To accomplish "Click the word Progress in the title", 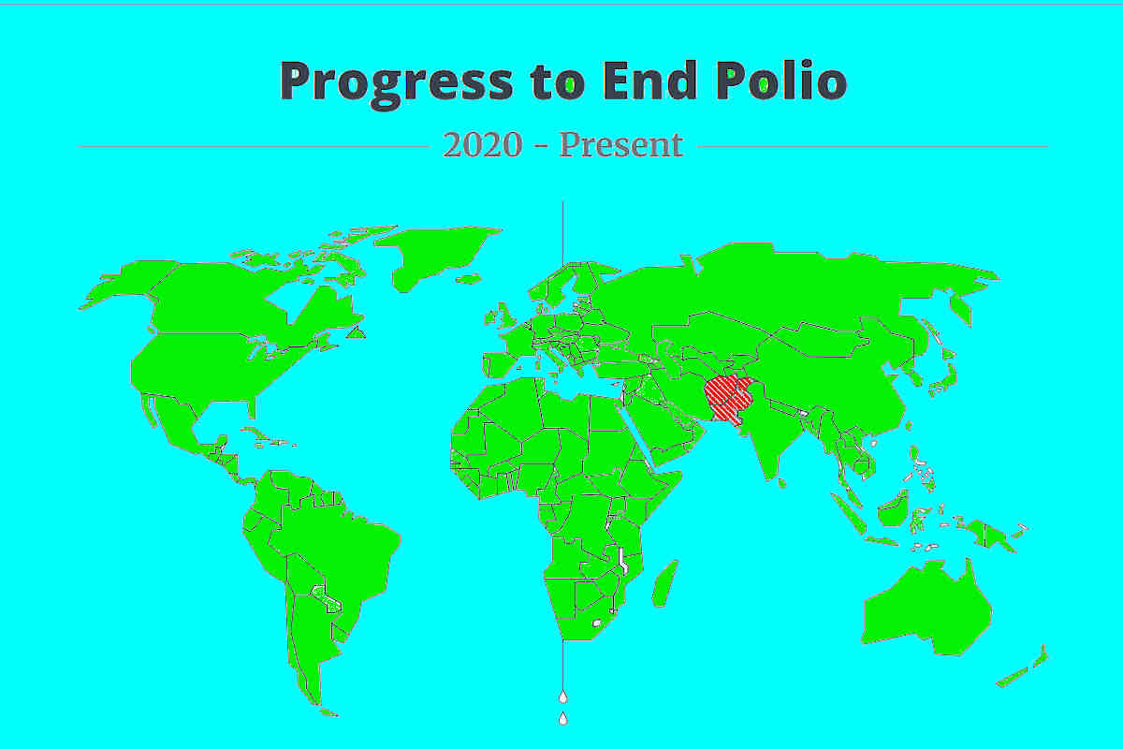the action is pyautogui.click(x=396, y=83).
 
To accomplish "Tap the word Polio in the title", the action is pyautogui.click(x=781, y=81).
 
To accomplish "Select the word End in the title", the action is pyautogui.click(x=649, y=81).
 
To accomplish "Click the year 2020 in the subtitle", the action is pyautogui.click(x=483, y=145).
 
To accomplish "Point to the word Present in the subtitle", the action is pyautogui.click(x=621, y=145).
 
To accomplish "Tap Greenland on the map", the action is pyautogui.click(x=437, y=257).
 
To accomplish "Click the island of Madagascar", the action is pyautogui.click(x=664, y=584).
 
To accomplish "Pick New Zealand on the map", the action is pyautogui.click(x=1023, y=668).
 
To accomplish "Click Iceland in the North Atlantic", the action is pyautogui.click(x=469, y=279).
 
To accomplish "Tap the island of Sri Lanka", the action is pyautogui.click(x=781, y=482).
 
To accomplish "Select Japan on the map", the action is pyautogui.click(x=945, y=374).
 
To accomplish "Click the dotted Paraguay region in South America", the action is pyautogui.click(x=327, y=599).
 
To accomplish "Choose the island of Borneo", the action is pyautogui.click(x=894, y=508).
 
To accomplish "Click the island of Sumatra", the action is pyautogui.click(x=848, y=514).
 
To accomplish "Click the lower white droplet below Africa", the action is pyautogui.click(x=563, y=718).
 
